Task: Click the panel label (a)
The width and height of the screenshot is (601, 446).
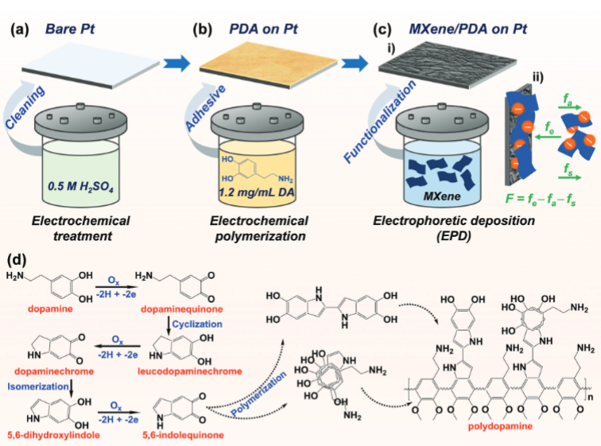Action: [21, 32]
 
